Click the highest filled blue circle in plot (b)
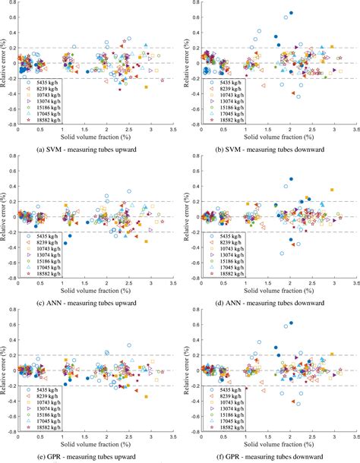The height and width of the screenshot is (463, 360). (x=291, y=13)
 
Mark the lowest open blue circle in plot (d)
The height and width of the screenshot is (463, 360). (x=282, y=253)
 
